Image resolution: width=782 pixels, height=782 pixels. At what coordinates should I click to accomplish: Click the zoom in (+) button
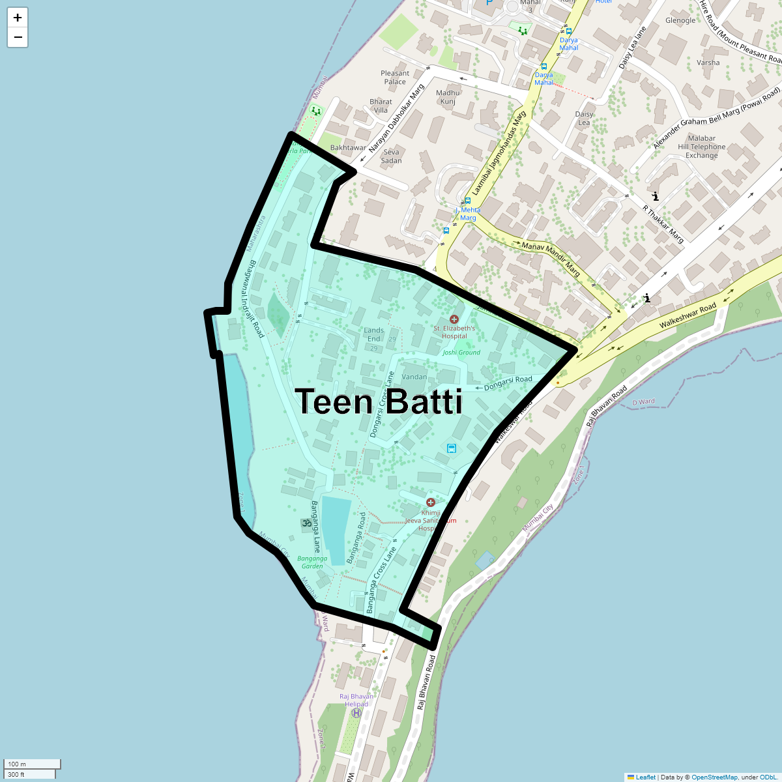pos(18,18)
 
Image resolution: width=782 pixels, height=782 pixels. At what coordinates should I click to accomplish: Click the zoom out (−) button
pos(18,37)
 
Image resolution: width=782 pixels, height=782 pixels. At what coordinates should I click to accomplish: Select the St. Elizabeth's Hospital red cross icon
pos(454,319)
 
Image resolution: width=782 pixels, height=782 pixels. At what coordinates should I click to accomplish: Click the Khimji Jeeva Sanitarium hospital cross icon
pos(430,502)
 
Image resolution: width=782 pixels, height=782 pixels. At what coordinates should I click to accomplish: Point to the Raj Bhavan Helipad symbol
pos(356,713)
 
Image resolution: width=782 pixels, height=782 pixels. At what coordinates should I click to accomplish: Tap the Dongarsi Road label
pos(508,383)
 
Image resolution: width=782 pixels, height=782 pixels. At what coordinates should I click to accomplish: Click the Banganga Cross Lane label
pos(381,580)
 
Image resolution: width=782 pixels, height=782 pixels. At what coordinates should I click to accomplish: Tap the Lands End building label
pos(373,334)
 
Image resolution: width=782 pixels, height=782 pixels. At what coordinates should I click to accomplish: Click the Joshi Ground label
pos(461,353)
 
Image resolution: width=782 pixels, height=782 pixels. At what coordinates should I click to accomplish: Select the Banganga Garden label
pos(312,562)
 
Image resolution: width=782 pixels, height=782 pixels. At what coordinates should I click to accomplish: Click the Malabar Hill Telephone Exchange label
pos(701,147)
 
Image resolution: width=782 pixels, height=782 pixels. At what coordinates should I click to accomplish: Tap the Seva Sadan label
pos(391,156)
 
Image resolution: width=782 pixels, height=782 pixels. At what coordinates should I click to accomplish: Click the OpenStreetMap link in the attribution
pos(714,777)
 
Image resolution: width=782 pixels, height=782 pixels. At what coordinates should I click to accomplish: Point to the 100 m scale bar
pos(33,764)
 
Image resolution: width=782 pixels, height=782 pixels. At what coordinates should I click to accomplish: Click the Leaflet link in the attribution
pos(645,777)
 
